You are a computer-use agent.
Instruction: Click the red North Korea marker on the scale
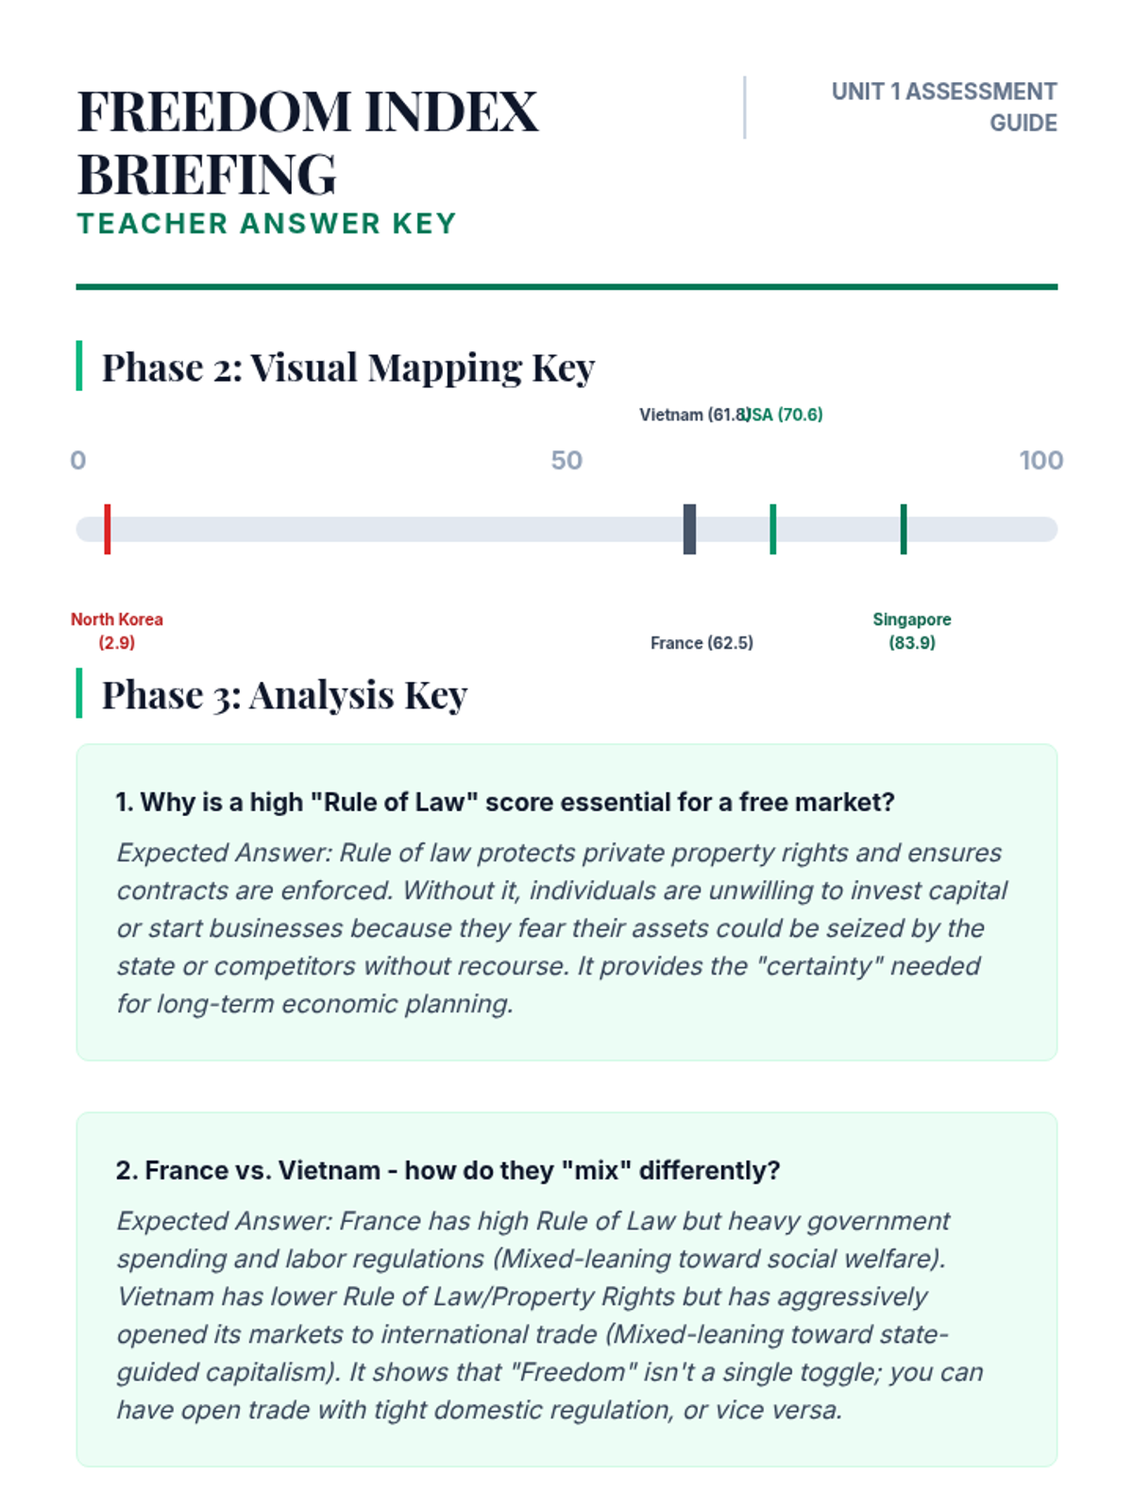108,529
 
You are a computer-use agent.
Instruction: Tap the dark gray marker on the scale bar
689,529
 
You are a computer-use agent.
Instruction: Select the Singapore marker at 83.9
904,529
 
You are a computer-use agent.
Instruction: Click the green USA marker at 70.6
773,529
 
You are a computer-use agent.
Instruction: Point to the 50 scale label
566,461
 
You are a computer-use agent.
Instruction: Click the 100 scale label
1040,461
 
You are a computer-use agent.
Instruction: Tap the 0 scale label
78,461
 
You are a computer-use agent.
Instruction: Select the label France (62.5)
702,643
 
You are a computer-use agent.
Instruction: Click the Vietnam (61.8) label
693,415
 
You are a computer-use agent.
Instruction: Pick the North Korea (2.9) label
117,631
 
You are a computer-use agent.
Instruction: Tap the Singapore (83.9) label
912,631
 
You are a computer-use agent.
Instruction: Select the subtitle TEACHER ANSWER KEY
266,224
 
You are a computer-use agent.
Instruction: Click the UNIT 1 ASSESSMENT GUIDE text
944,107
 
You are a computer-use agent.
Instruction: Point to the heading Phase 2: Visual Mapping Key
347,367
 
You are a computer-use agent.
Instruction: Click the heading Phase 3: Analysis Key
284,695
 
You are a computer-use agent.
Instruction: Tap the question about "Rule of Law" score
504,803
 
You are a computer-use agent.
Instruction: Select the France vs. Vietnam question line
448,1171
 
